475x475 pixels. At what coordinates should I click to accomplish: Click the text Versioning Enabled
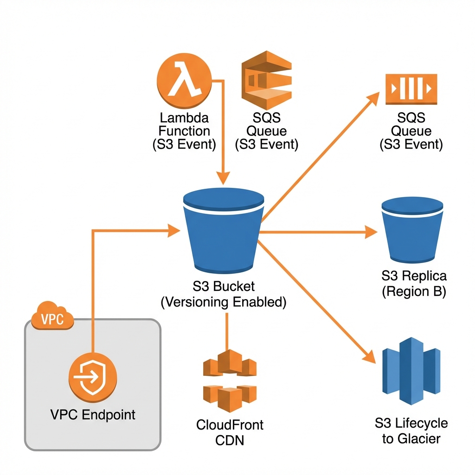pyautogui.click(x=223, y=302)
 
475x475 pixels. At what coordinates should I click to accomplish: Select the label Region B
pyautogui.click(x=413, y=292)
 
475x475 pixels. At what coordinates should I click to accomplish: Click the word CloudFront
pyautogui.click(x=230, y=424)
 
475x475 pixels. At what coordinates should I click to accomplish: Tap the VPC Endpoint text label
pyautogui.click(x=93, y=414)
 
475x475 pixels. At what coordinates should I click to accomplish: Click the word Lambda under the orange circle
pyautogui.click(x=184, y=118)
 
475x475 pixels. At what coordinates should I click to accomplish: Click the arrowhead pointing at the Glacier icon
pyautogui.click(x=370, y=357)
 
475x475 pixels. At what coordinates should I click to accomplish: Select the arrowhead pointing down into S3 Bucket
pyautogui.click(x=224, y=177)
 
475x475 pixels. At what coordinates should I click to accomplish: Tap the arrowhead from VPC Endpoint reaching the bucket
pyautogui.click(x=173, y=229)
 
